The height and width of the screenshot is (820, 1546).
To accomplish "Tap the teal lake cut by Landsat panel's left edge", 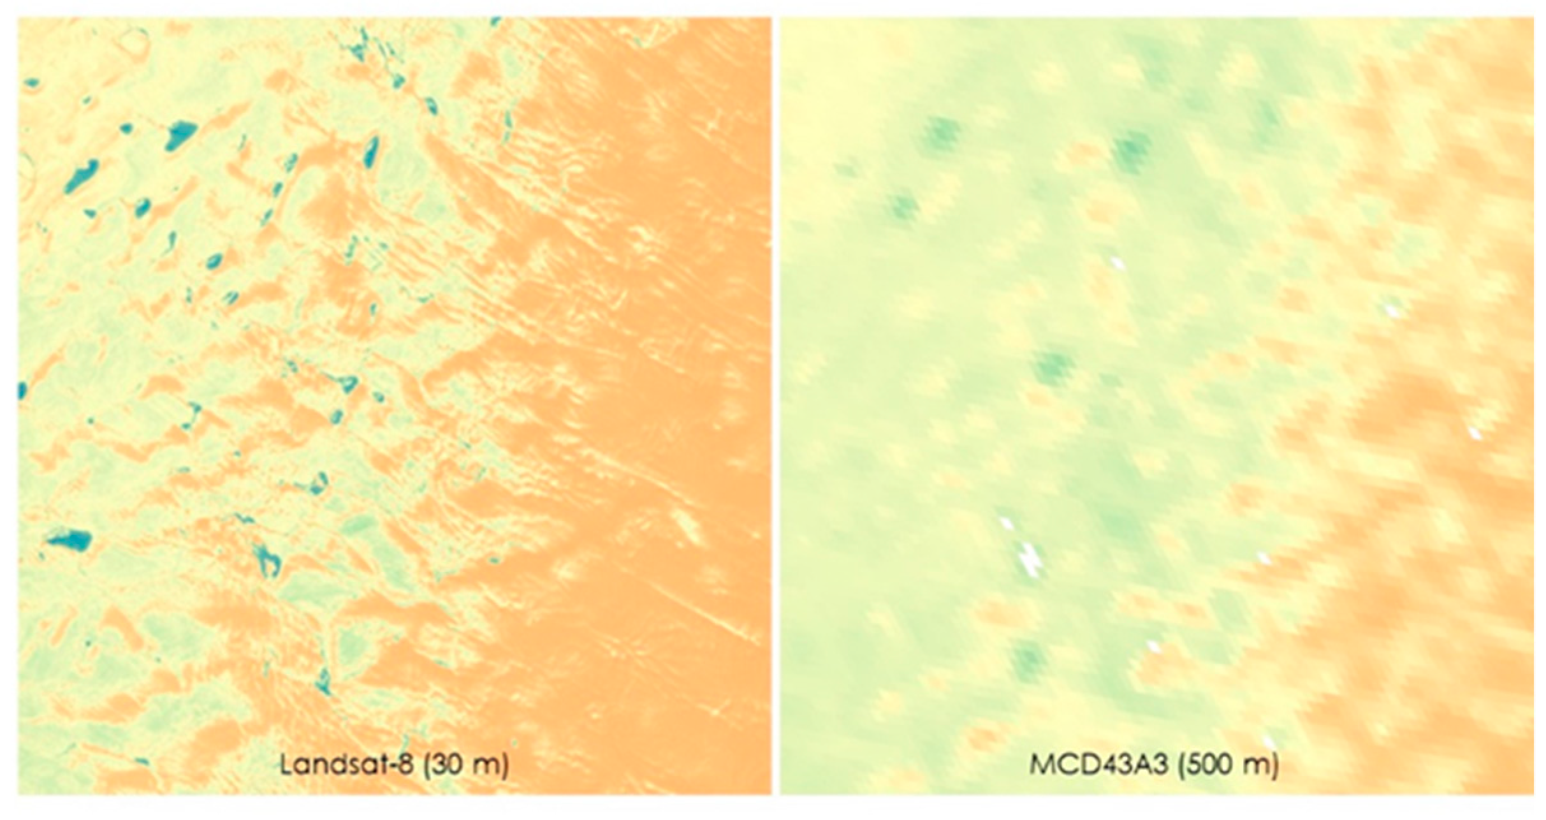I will [x=22, y=390].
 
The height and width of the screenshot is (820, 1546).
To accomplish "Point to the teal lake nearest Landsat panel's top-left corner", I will [x=31, y=83].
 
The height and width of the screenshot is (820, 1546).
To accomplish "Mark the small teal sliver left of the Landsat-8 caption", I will [x=142, y=761].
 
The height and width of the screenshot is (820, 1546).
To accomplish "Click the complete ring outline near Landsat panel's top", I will [x=135, y=40].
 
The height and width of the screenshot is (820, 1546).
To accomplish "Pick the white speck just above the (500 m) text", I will [x=1269, y=743].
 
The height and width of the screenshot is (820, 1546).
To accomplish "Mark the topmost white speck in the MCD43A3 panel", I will [x=1116, y=262].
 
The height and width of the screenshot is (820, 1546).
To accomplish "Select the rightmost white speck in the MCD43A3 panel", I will [x=1474, y=434].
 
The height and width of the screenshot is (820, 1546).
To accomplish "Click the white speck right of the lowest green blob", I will [x=1153, y=647].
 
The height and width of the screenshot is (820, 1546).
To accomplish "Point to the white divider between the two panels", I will [x=775, y=408].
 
